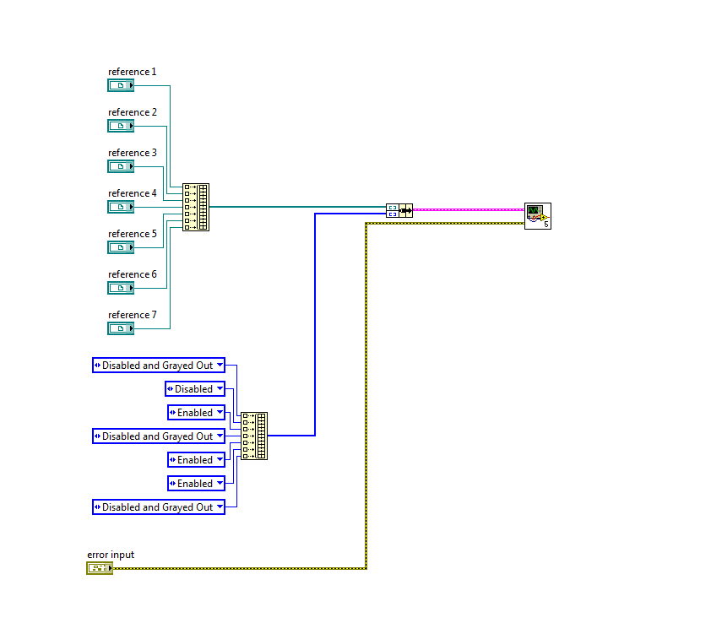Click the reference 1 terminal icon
tap(121, 85)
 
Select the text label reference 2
tap(133, 112)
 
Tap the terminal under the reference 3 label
tap(121, 166)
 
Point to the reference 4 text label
tap(133, 193)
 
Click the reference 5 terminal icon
tap(121, 247)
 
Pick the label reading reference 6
tap(133, 274)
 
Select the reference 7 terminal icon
tap(121, 328)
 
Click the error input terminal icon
tap(99, 568)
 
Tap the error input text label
tap(111, 555)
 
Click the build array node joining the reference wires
tap(196, 207)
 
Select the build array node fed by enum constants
tap(254, 436)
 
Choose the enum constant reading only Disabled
tap(195, 389)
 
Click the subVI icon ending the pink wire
tap(537, 215)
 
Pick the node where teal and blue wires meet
tap(399, 210)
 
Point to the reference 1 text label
tap(133, 72)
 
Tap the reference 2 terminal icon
tap(121, 126)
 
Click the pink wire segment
tap(469, 209)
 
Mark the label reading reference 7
tap(133, 315)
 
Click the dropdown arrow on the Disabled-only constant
tap(220, 389)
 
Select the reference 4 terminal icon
tap(121, 207)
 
